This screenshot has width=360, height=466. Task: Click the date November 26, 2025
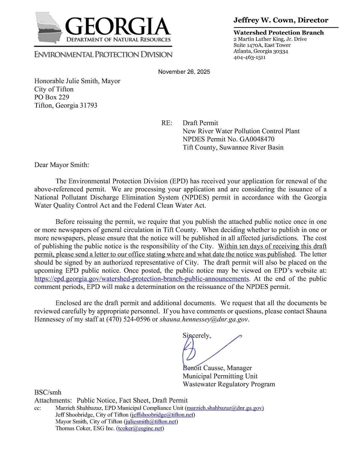coord(184,72)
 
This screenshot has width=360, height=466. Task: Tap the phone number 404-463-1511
coord(249,57)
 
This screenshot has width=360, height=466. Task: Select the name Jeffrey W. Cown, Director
coord(281,20)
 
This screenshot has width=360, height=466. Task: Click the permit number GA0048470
coord(257,139)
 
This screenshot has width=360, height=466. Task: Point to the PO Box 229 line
coord(52,97)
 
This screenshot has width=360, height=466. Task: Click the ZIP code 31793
coord(88,106)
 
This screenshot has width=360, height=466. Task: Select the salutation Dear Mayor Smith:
coord(62,165)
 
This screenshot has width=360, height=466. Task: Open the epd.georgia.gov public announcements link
coord(141,279)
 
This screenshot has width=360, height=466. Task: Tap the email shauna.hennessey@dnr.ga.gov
coord(204,320)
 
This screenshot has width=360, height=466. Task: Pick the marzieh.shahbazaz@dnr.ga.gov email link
coord(225,408)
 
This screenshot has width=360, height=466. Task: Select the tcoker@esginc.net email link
coord(140,428)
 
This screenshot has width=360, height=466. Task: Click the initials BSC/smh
coord(48,392)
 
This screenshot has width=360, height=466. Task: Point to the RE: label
coord(166,123)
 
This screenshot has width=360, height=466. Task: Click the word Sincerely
coord(197,336)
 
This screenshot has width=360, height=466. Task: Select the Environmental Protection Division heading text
coord(103,55)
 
